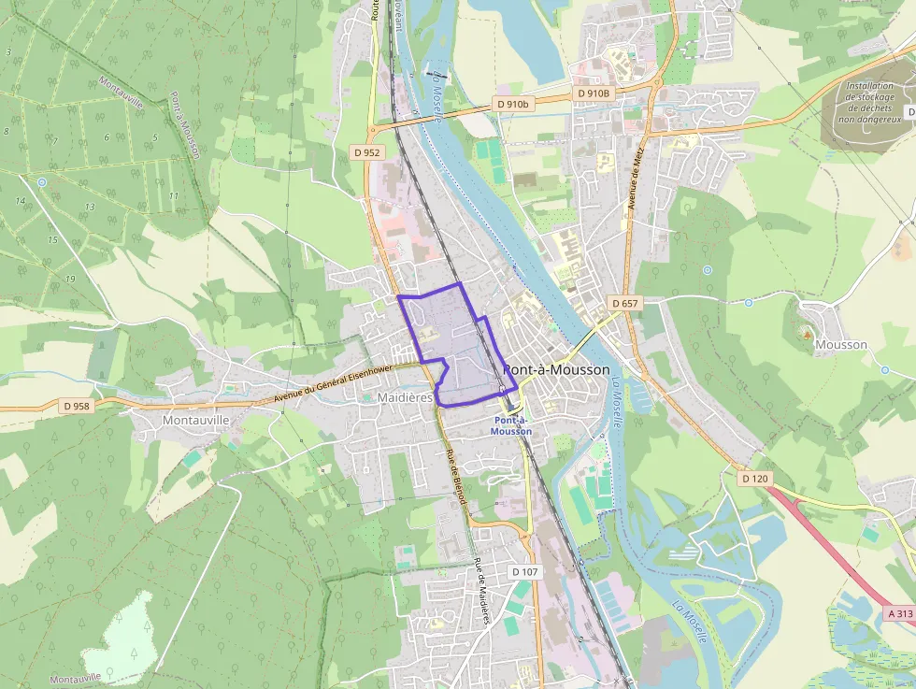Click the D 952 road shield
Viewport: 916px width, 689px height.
click(366, 151)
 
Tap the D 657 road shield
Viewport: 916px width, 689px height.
click(625, 304)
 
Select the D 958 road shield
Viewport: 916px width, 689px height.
click(78, 407)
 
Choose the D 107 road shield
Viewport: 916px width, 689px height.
click(525, 571)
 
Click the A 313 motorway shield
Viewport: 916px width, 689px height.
click(899, 614)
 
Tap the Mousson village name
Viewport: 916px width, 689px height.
click(841, 344)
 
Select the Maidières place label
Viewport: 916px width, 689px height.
click(406, 397)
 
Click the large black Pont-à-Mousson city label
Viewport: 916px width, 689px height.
click(556, 370)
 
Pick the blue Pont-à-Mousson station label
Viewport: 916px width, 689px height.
click(511, 425)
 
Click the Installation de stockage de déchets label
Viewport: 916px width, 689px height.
click(868, 102)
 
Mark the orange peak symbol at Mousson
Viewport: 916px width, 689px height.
click(807, 333)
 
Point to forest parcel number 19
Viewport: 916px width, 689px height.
click(70, 279)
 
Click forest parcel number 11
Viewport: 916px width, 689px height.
click(174, 195)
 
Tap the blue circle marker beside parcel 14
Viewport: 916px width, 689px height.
click(42, 181)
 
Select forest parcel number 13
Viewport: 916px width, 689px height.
click(90, 206)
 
